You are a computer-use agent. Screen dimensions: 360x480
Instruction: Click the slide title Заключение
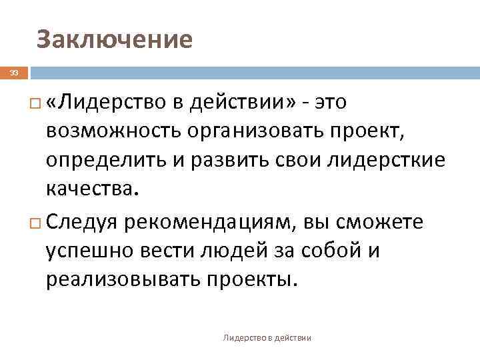click(115, 40)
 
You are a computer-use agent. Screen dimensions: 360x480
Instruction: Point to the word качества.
click(93, 191)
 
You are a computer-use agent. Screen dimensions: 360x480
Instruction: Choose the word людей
click(225, 251)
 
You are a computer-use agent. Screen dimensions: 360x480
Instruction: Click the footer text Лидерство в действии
click(267, 338)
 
